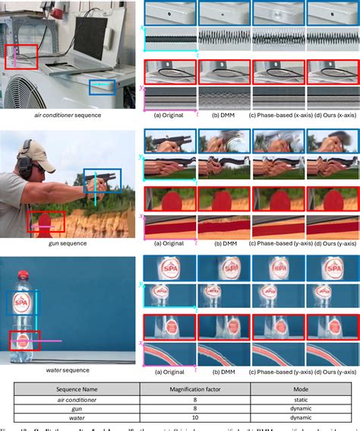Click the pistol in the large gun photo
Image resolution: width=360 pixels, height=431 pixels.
pos(103,179)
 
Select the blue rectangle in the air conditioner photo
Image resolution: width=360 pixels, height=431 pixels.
pos(102,87)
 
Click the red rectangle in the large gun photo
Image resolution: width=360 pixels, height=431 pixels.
pos(46,220)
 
